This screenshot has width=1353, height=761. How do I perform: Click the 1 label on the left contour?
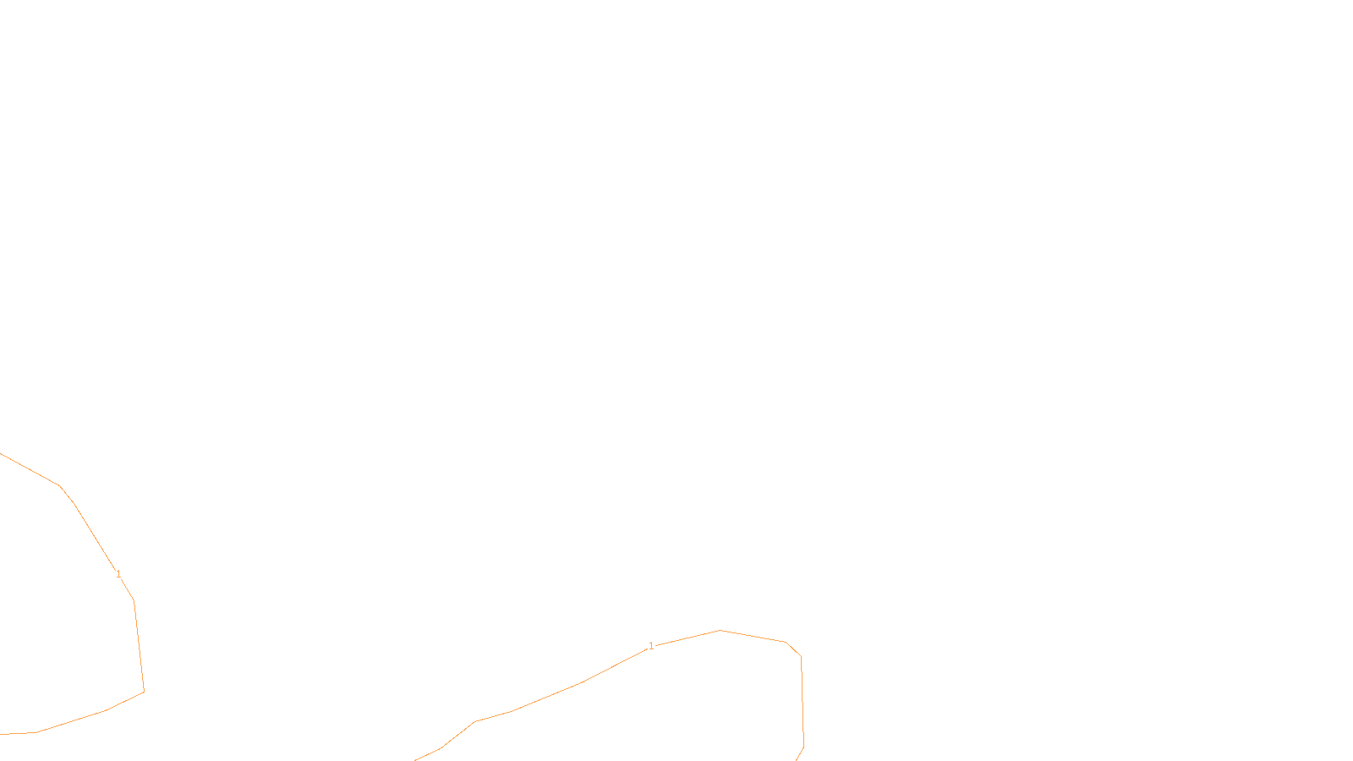pos(118,574)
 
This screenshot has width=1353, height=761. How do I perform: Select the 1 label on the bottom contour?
pos(651,646)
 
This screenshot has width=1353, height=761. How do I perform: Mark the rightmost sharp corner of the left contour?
pos(144,692)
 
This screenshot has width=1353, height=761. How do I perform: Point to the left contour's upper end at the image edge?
pos(2,454)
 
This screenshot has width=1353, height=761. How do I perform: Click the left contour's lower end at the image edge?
pos(2,734)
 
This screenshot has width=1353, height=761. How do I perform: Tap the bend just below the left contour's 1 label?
pos(134,601)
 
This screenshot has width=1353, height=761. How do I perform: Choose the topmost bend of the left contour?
pos(59,485)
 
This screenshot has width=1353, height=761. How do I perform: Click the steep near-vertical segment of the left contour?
pos(139,647)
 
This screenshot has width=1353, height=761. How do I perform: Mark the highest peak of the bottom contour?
pos(720,630)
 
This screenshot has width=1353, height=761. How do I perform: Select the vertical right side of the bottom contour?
pos(802,702)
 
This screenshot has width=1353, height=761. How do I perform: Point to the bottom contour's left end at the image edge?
pos(415,759)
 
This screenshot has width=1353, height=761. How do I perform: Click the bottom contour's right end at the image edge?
pos(797,758)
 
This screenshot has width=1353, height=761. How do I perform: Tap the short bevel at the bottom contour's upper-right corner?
pos(793,649)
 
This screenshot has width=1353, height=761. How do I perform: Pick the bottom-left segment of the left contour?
pos(71,722)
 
